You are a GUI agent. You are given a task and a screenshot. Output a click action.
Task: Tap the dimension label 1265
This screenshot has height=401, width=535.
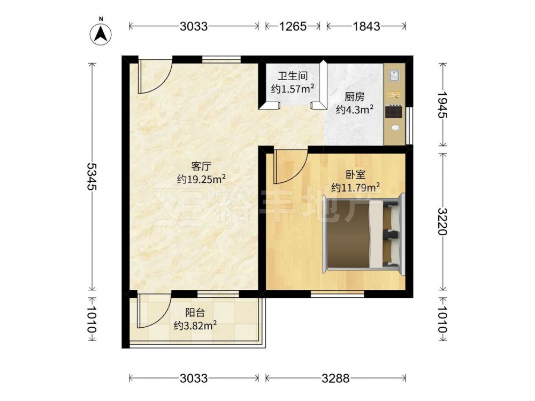pos(293,26)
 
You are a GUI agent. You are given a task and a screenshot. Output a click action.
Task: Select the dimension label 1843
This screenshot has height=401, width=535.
pos(366,26)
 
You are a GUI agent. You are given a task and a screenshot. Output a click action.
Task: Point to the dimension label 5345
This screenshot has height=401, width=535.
pos(91,176)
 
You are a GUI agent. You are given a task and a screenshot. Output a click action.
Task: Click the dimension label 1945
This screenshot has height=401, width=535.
pos(443,104)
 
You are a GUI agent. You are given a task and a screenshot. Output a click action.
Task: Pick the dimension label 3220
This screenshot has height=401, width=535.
pos(443,221)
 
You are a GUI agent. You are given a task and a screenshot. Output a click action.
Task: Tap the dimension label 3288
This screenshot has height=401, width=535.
pos(336,378)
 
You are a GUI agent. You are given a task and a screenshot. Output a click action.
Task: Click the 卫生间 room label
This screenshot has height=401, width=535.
pos(293,76)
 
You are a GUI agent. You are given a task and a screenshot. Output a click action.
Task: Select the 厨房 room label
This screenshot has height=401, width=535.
pos(355,97)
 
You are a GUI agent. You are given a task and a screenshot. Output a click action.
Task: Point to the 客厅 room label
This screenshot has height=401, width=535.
pos(201,166)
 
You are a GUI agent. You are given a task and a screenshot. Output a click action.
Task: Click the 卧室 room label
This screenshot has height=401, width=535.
pos(356,175)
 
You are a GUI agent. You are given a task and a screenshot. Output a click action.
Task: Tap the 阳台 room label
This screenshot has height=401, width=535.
pos(195,312)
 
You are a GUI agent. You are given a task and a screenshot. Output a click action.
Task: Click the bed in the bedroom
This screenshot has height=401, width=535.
pos(363,233)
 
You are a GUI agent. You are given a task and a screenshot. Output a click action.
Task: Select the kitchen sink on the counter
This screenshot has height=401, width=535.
pos(394,75)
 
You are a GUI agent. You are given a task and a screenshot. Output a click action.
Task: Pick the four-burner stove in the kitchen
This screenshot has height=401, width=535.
pos(393,112)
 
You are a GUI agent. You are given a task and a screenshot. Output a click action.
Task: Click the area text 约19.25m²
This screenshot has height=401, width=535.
pos(201,179)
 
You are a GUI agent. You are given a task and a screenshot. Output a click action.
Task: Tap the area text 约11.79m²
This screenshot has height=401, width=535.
pos(356,187)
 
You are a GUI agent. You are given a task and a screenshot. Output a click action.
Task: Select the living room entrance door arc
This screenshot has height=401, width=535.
pos(162,82)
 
